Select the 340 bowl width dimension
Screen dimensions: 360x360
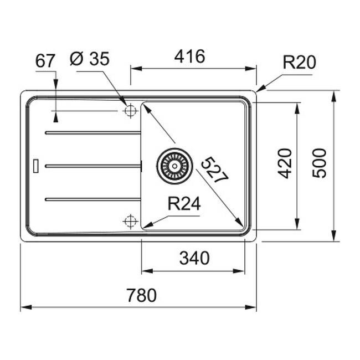194,258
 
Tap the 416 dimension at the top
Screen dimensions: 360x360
189,56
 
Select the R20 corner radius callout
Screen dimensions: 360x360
299,63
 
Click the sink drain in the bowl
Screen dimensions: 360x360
174,165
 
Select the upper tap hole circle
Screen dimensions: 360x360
130,111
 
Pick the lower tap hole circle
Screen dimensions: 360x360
130,222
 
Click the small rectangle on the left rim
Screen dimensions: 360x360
36,165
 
